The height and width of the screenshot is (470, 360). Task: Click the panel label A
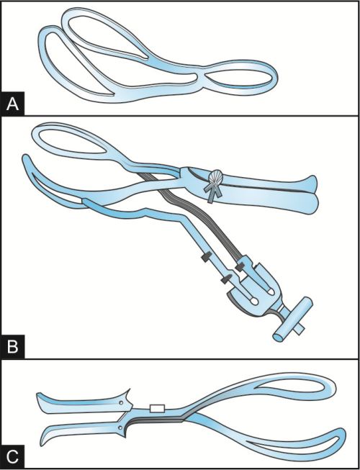12,104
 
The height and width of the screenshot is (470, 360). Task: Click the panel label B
12,346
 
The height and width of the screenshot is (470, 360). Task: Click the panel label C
12,456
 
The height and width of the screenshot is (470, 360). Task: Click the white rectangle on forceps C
157,408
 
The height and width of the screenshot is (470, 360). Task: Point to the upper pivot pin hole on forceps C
121,403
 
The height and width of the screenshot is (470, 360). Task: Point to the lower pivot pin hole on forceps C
120,426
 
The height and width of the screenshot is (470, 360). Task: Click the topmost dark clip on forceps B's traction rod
207,256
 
